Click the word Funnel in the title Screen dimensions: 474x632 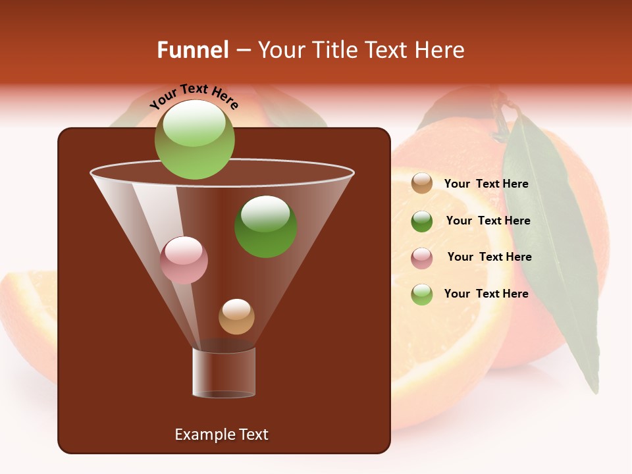[193, 50]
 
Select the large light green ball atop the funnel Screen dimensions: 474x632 [194, 140]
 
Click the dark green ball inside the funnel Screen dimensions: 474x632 [265, 226]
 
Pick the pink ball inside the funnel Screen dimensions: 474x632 [184, 260]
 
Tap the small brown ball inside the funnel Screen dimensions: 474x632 [236, 316]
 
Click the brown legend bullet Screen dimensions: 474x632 [422, 183]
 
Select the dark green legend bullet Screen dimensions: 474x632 [422, 221]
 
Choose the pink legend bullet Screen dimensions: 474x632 [422, 257]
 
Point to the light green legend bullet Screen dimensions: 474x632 [422, 294]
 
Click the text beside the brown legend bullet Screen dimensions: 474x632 [486, 184]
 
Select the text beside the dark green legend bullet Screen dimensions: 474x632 [488, 221]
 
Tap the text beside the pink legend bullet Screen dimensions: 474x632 [489, 257]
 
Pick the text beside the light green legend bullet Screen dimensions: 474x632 [486, 294]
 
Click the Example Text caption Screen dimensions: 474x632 [221, 434]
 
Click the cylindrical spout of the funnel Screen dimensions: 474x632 [224, 372]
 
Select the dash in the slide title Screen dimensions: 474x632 [242, 51]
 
